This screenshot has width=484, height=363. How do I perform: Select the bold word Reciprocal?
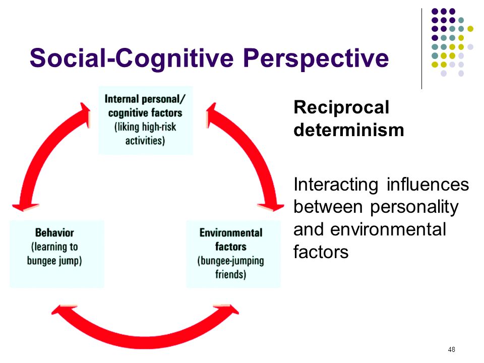coord(341,108)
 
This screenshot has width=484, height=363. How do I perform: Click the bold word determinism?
coord(349,130)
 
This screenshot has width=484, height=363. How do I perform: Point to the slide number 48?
coord(451,349)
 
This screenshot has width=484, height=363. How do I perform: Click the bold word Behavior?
coord(54,232)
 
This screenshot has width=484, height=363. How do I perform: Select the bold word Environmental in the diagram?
coord(231,232)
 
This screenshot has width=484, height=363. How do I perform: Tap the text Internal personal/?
coord(145,99)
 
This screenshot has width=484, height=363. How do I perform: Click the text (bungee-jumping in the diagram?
coord(230,261)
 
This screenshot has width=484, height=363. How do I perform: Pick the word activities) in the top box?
coord(145,141)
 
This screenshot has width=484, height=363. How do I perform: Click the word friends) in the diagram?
coord(230,274)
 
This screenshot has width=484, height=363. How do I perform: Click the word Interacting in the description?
coord(336,185)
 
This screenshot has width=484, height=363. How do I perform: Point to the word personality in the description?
coord(414,207)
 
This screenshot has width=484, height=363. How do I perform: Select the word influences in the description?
coord(428,185)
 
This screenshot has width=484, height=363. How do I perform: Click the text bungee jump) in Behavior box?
coord(54,261)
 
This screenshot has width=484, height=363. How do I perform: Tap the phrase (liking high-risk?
coord(145,127)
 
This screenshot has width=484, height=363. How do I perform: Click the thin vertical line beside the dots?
coord(421,49)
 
